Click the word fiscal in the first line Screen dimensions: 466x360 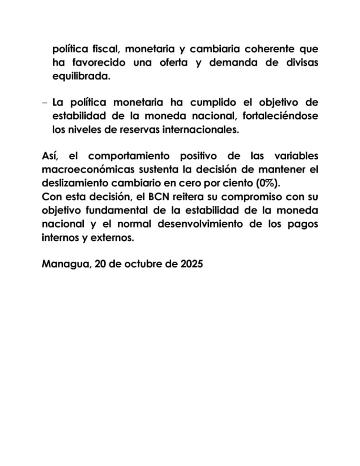[x=100, y=49]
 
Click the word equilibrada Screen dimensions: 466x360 [x=81, y=76]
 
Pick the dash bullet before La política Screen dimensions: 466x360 [x=44, y=102]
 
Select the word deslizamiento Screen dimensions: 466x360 [x=72, y=183]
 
